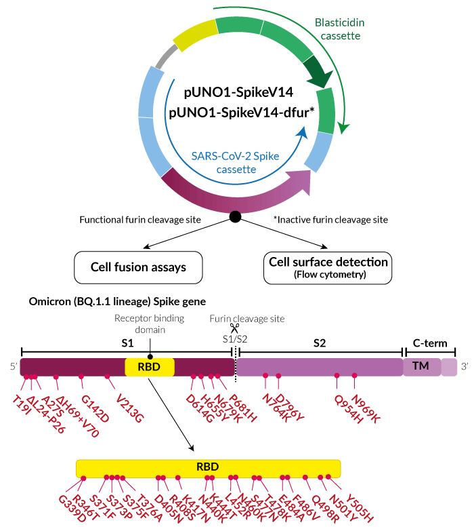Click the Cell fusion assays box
(138, 267)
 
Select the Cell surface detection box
(328, 267)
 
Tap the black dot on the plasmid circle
(235, 216)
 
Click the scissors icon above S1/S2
(234, 328)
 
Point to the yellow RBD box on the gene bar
(150, 367)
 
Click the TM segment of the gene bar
(421, 367)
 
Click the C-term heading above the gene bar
(429, 343)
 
